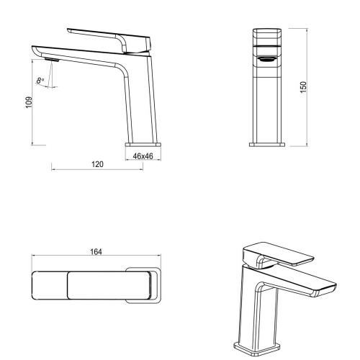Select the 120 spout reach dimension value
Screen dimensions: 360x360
coord(98,164)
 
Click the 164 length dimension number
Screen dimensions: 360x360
coord(96,252)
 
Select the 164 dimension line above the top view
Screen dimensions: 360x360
coord(96,258)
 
